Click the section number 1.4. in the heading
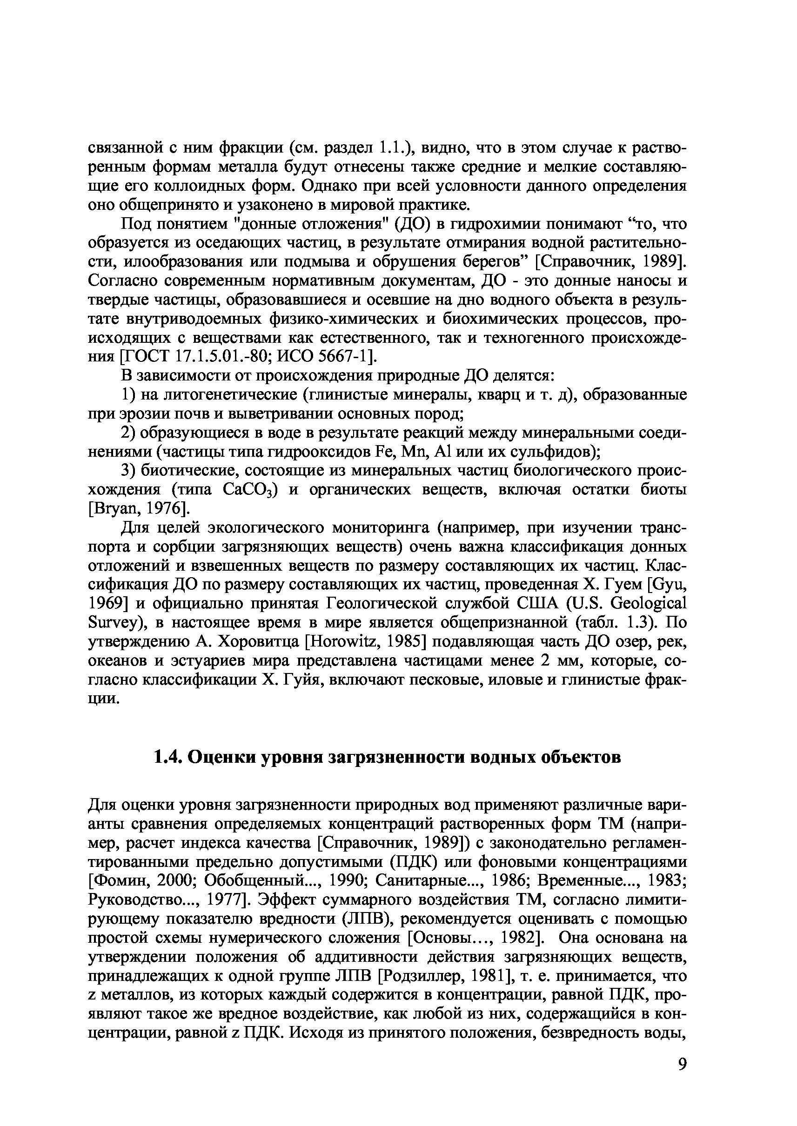169,758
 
